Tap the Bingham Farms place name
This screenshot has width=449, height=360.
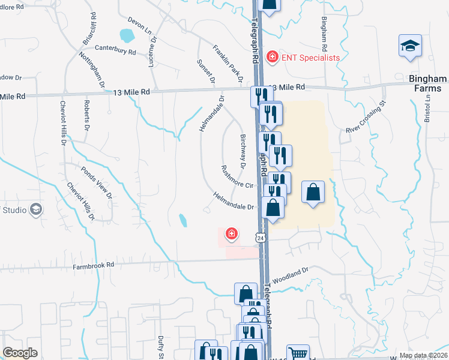[x=427, y=83]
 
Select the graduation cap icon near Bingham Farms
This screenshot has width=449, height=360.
[x=410, y=46]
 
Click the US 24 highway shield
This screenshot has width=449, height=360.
[x=261, y=238]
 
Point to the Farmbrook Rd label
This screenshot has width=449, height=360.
[x=94, y=265]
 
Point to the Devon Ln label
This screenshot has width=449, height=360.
[x=137, y=25]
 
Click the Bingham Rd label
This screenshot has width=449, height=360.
[x=324, y=33]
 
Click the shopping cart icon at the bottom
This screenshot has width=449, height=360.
[x=298, y=353]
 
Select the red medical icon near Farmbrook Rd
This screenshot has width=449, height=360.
[x=231, y=233]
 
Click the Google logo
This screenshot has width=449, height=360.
[x=20, y=353]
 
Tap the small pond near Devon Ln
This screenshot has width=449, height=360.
[x=127, y=36]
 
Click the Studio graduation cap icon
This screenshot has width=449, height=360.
[x=36, y=209]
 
